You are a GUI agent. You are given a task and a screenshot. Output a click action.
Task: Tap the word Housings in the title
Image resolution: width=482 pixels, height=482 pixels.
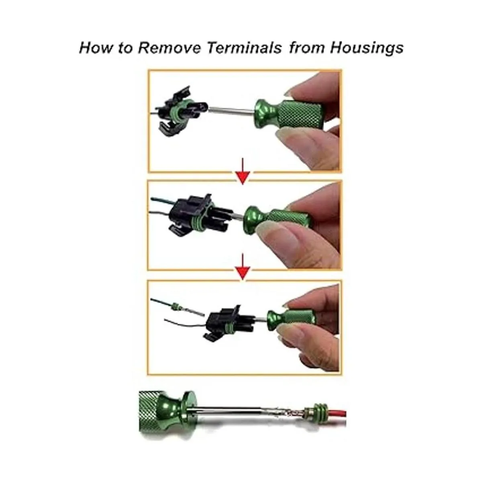coord(366,48)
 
